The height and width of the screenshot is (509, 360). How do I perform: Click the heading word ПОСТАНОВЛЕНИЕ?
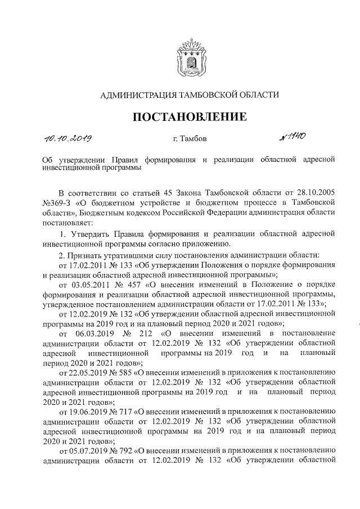point(190,117)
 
